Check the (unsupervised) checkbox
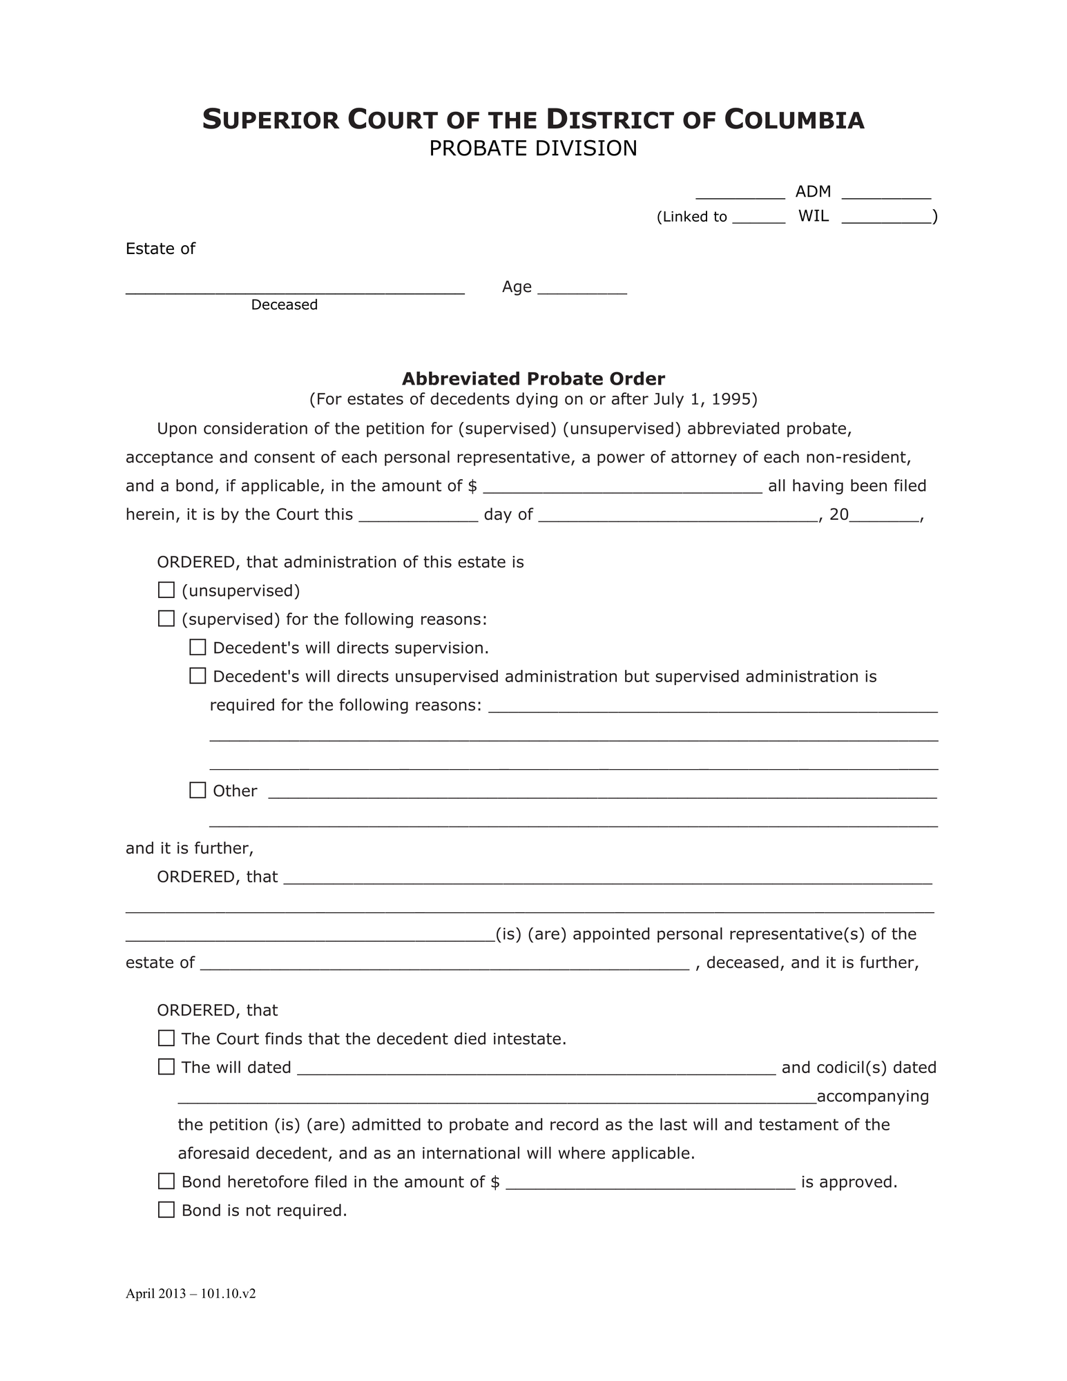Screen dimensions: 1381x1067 [x=166, y=590]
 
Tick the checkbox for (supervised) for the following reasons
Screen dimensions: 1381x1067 [x=166, y=619]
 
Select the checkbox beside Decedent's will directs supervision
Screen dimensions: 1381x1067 [x=198, y=648]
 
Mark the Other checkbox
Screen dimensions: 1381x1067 [x=198, y=791]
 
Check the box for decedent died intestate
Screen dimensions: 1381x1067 [x=166, y=1039]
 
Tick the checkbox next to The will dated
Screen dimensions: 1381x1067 [x=166, y=1067]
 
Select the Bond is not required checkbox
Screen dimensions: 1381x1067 [x=166, y=1210]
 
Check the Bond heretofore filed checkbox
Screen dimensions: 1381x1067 [x=166, y=1181]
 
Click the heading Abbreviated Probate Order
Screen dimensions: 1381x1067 [x=533, y=379]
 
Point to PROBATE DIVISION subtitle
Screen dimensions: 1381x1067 [x=533, y=148]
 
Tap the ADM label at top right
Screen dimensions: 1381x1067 [x=813, y=191]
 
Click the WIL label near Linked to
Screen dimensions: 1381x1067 [x=814, y=216]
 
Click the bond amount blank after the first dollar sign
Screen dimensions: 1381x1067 [x=622, y=486]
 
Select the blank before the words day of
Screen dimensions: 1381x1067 [x=419, y=515]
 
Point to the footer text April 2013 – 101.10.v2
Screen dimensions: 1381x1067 [x=191, y=1294]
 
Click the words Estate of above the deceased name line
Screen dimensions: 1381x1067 [x=160, y=249]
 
